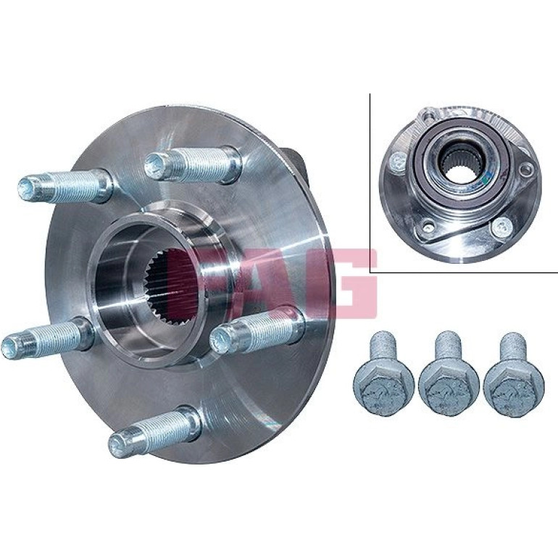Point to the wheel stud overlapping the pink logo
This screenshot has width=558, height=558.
pos(257,330)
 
